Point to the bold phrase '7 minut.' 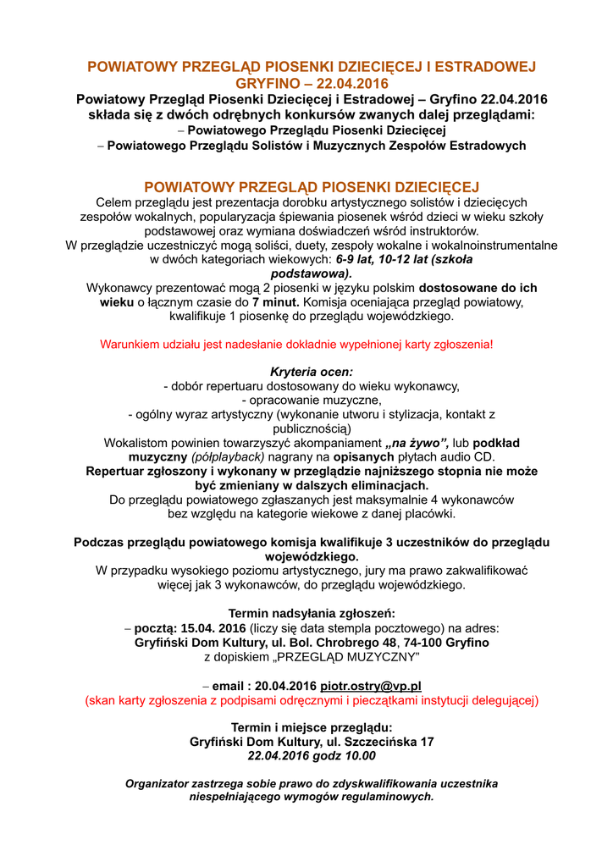(x=275, y=301)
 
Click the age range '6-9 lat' (x=357, y=260)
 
